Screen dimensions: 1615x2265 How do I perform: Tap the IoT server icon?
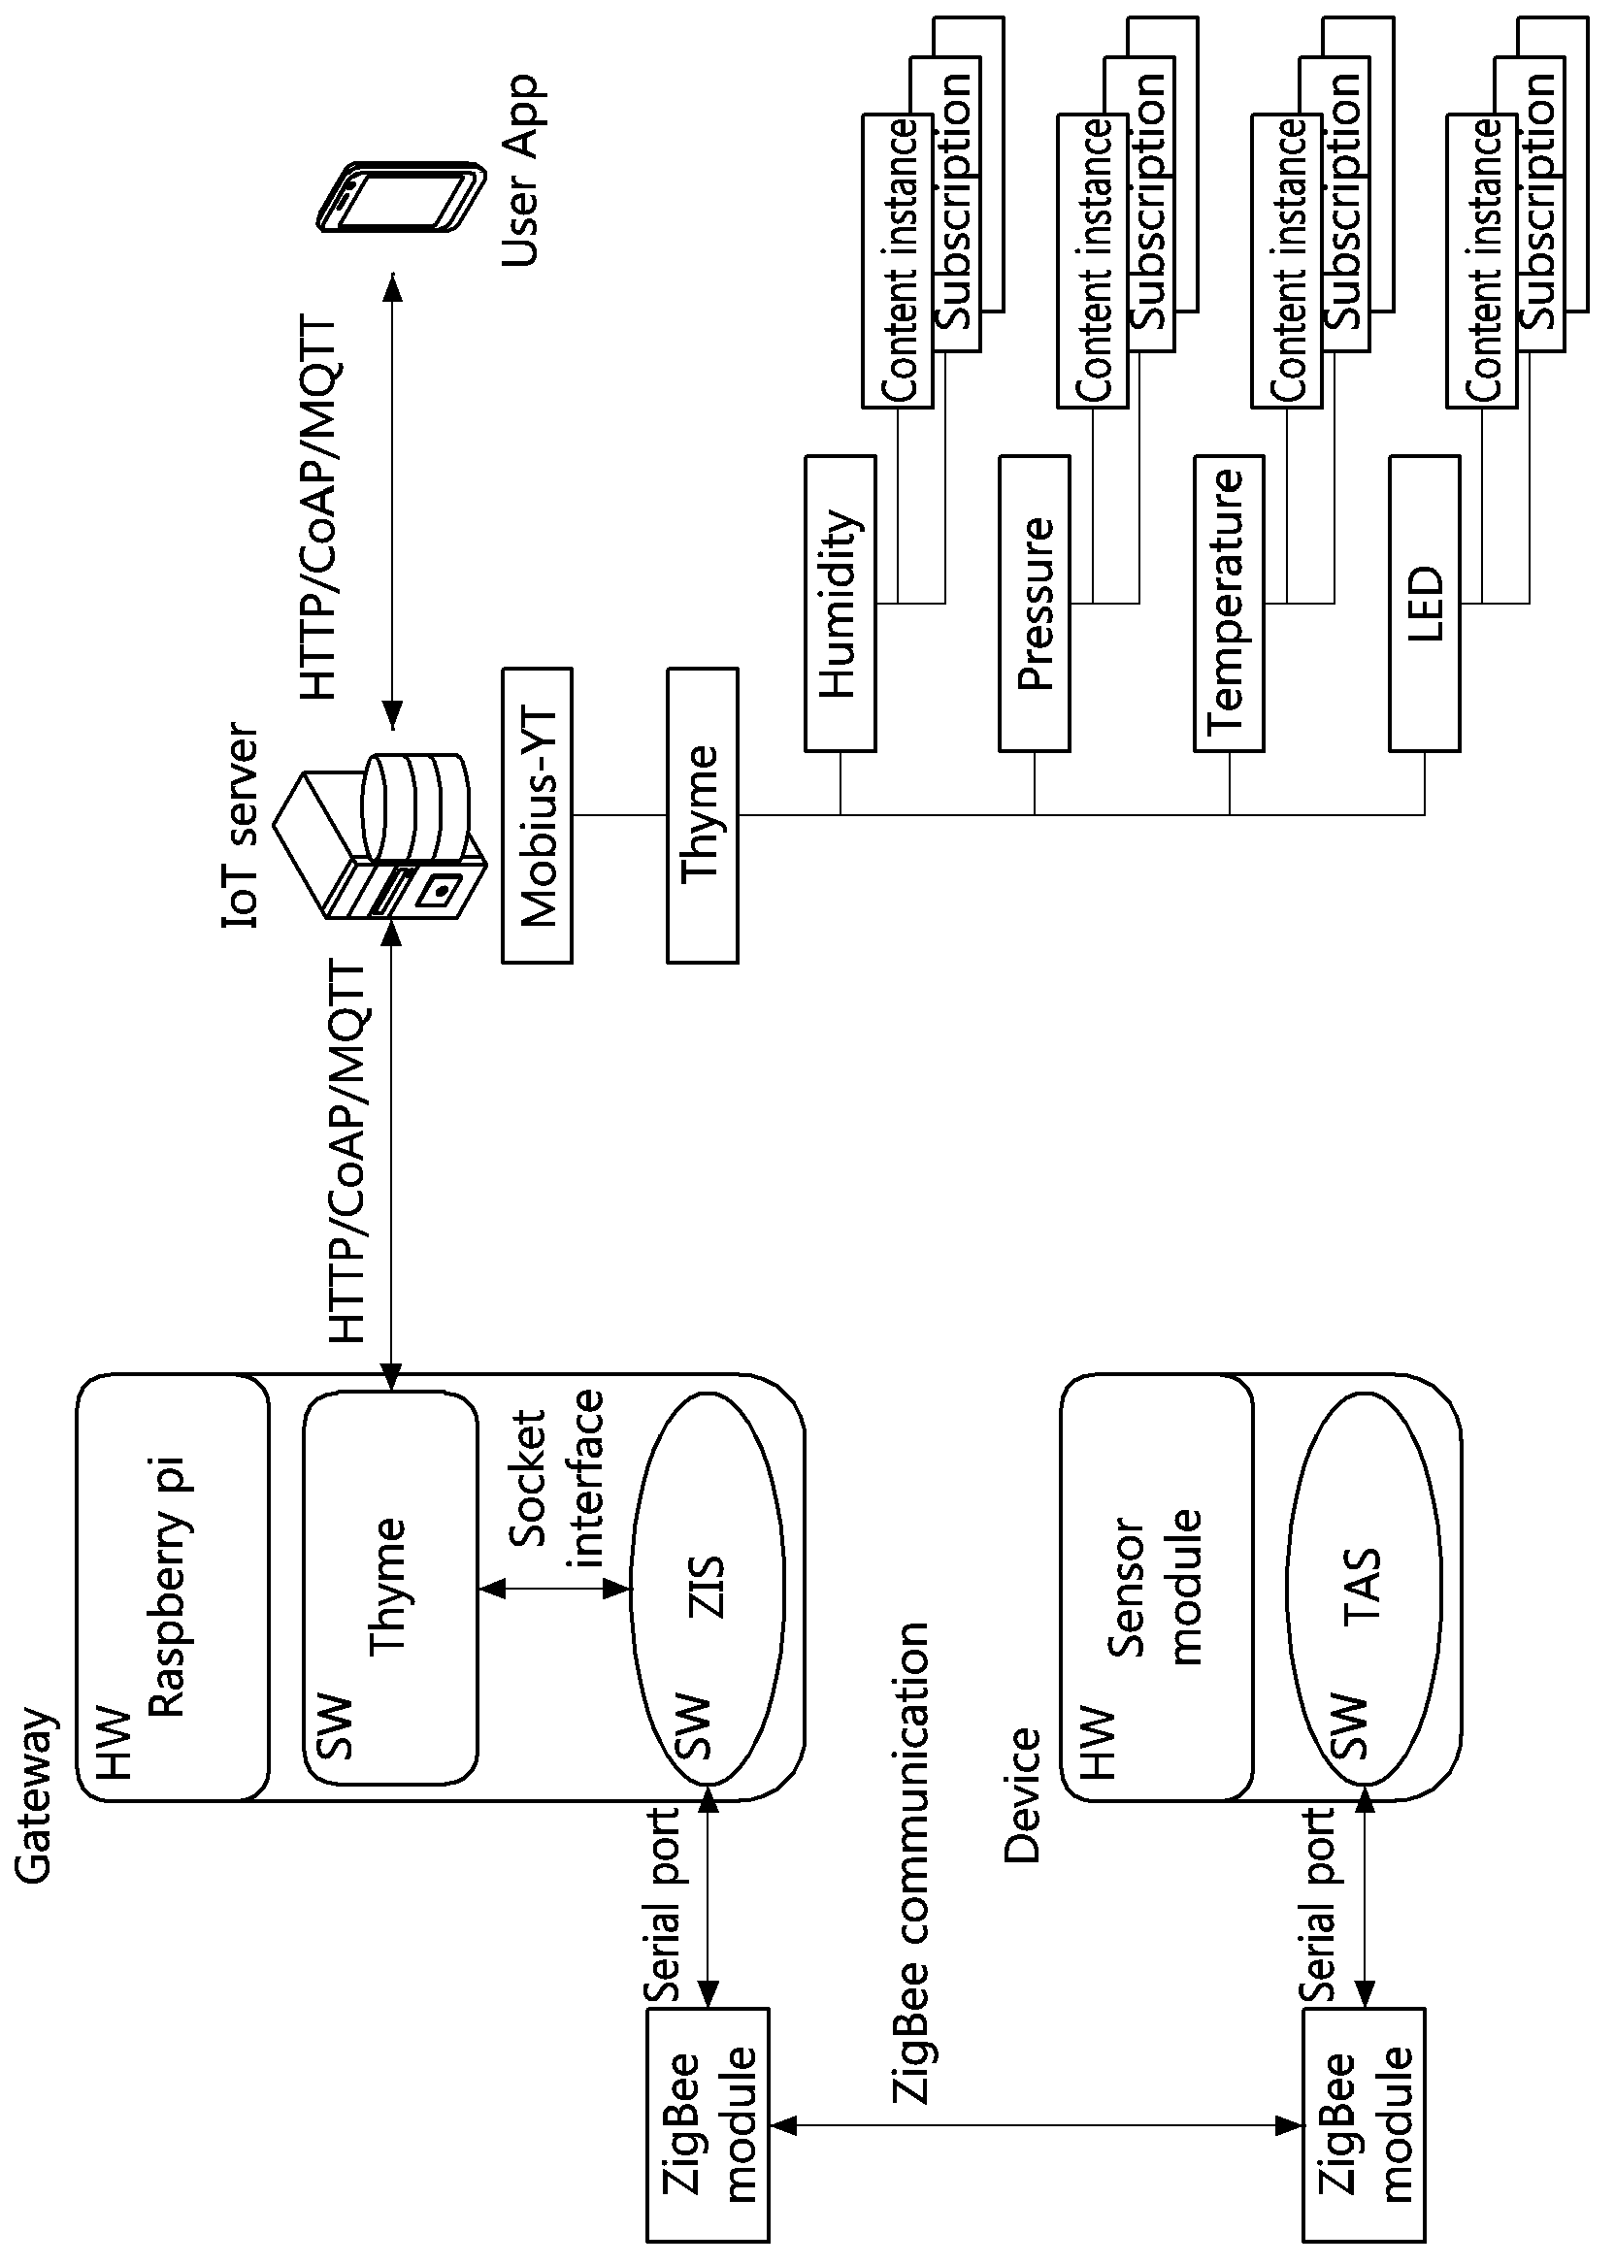click(x=379, y=836)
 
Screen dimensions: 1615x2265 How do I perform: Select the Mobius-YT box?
click(x=537, y=815)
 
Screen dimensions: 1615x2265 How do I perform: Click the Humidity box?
click(x=840, y=604)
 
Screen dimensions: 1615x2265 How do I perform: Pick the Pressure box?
click(x=1035, y=604)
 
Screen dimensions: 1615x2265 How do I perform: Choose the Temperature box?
click(x=1229, y=604)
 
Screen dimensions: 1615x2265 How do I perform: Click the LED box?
click(x=1424, y=604)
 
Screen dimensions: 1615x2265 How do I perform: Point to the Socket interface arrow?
click(x=555, y=1590)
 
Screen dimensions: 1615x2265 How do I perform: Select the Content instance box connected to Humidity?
click(x=898, y=260)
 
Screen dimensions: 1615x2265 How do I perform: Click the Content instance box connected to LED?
click(x=1482, y=260)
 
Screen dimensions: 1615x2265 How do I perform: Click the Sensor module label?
click(x=1156, y=1588)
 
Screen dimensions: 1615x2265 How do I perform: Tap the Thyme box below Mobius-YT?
click(x=703, y=815)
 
